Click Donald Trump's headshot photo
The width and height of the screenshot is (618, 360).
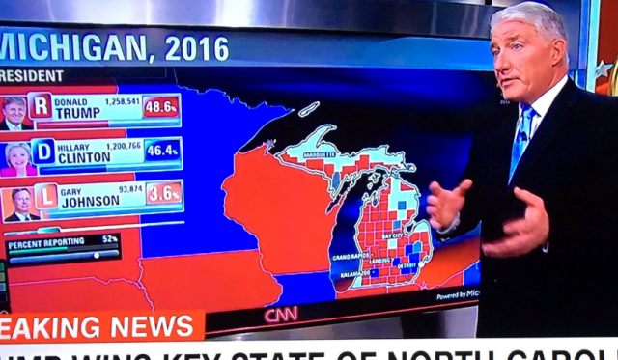pyautogui.click(x=14, y=112)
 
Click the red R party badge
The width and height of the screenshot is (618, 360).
pyautogui.click(x=41, y=105)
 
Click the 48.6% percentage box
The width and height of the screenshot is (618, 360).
pyautogui.click(x=161, y=107)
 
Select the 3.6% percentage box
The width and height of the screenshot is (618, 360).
pyautogui.click(x=164, y=193)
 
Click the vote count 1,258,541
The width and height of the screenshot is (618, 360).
pyautogui.click(x=121, y=99)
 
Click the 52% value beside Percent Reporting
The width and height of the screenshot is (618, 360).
pyautogui.click(x=110, y=238)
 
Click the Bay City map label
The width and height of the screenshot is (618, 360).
pyautogui.click(x=393, y=235)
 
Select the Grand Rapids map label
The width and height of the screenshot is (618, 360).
pyautogui.click(x=350, y=258)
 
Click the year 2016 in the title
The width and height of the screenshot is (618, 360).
pyautogui.click(x=197, y=48)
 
